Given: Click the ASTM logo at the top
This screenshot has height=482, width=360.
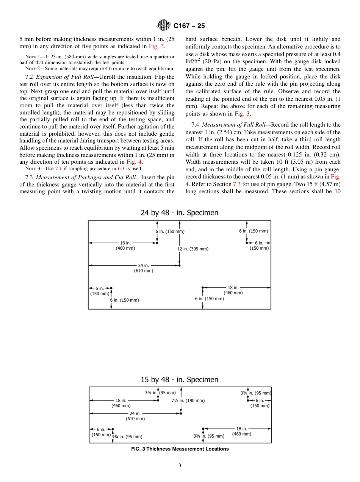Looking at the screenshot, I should click(x=164, y=26).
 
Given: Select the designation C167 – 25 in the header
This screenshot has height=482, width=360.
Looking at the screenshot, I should click(x=189, y=26).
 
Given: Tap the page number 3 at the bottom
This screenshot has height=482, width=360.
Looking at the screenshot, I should click(x=180, y=466).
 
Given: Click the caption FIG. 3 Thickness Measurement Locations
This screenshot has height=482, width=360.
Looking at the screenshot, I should click(x=180, y=449).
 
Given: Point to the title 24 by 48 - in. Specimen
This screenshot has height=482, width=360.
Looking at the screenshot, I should click(x=180, y=213).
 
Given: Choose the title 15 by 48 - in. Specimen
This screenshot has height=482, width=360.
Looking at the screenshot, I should click(x=180, y=380).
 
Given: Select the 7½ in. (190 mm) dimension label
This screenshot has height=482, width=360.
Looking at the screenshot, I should click(x=188, y=401).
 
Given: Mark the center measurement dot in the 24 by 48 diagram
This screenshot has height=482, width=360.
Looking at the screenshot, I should click(x=179, y=266).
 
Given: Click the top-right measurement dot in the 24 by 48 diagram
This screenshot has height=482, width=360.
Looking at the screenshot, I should click(x=247, y=243).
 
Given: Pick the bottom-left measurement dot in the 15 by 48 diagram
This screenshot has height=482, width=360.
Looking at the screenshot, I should click(x=113, y=429).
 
